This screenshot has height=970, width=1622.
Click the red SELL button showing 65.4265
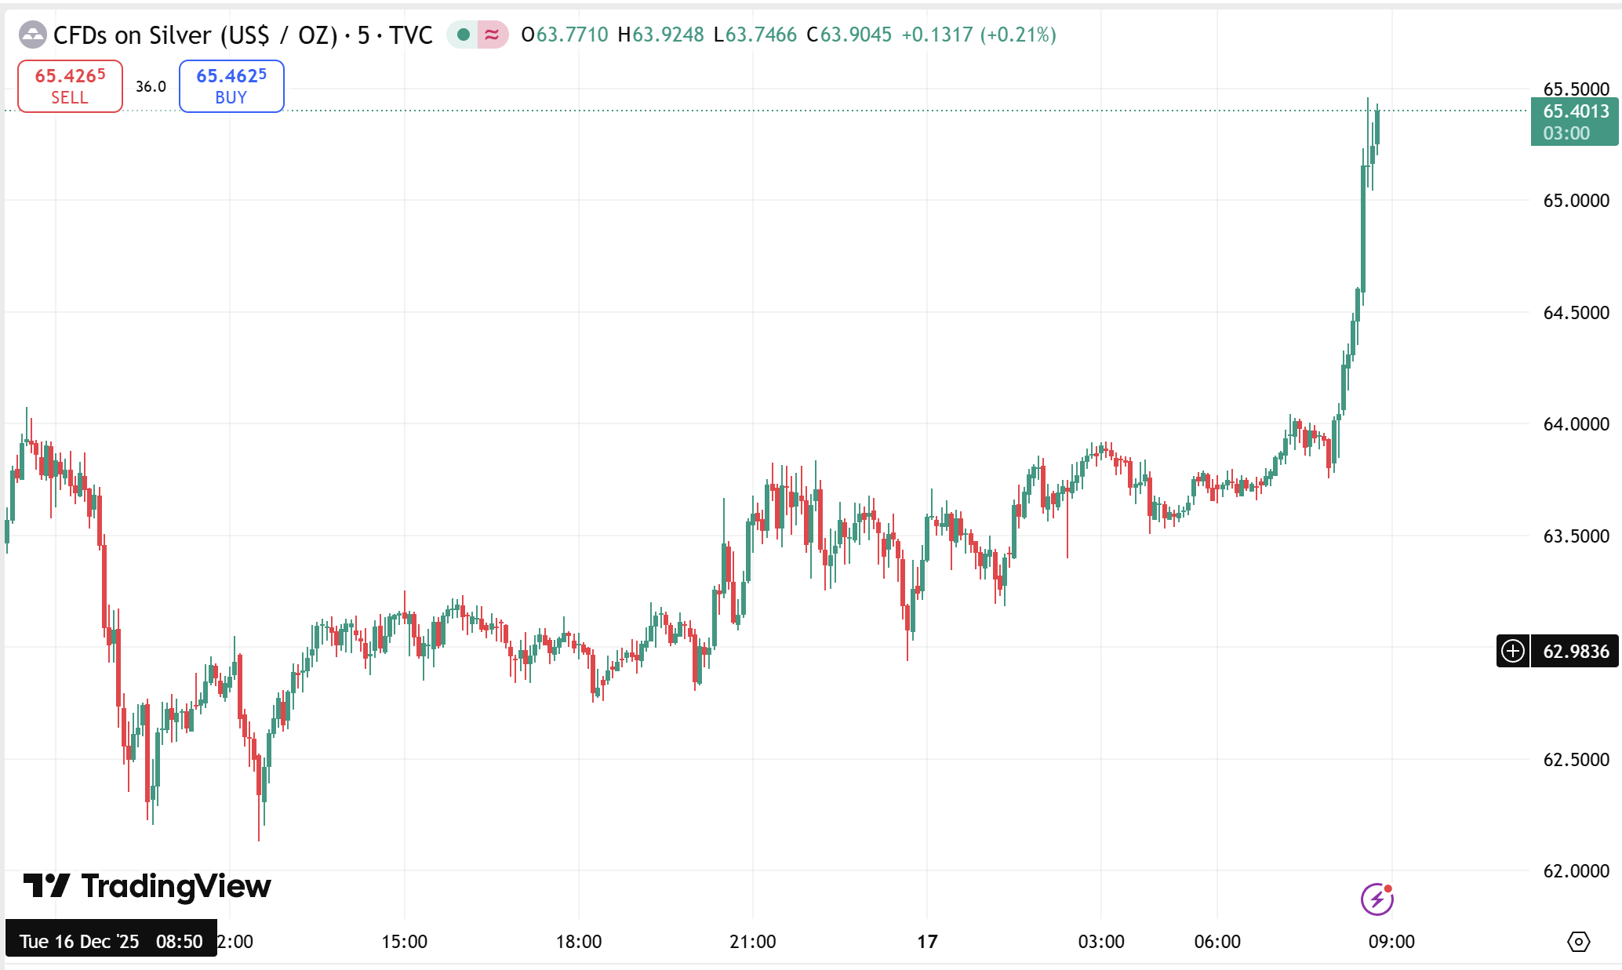click(70, 86)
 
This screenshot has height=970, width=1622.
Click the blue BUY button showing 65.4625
click(231, 86)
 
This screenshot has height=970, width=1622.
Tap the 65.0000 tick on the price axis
click(1576, 201)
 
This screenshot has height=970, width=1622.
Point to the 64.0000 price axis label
click(1576, 424)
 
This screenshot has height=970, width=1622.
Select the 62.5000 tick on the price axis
click(1576, 760)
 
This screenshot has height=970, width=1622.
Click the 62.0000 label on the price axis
click(1576, 871)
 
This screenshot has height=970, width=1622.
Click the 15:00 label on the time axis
click(405, 942)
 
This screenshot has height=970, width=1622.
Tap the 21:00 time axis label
click(753, 942)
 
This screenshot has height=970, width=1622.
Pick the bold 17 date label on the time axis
click(927, 942)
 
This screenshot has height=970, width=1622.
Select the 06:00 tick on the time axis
click(1217, 942)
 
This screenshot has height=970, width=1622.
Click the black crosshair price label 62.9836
click(1576, 652)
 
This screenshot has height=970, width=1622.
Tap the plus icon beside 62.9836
click(1513, 652)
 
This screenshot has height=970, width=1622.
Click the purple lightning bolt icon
click(1377, 899)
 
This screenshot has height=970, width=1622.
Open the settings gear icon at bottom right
click(1578, 942)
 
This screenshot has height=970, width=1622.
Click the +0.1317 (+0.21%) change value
click(978, 35)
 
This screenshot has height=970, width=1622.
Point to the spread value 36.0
click(151, 86)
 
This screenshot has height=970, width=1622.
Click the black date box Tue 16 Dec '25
click(111, 942)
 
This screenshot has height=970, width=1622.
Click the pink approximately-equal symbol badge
click(493, 35)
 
